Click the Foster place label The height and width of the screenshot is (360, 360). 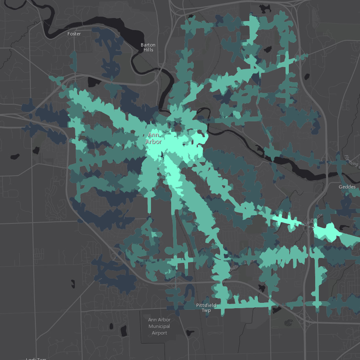74,34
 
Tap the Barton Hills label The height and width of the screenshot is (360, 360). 148,47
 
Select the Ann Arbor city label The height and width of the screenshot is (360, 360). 153,138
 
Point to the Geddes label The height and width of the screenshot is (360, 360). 347,186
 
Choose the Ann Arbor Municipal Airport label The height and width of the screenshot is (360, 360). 159,326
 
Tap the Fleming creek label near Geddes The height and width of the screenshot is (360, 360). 352,161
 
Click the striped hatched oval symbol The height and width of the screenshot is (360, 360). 290,323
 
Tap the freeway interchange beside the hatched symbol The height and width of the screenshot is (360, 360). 307,319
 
